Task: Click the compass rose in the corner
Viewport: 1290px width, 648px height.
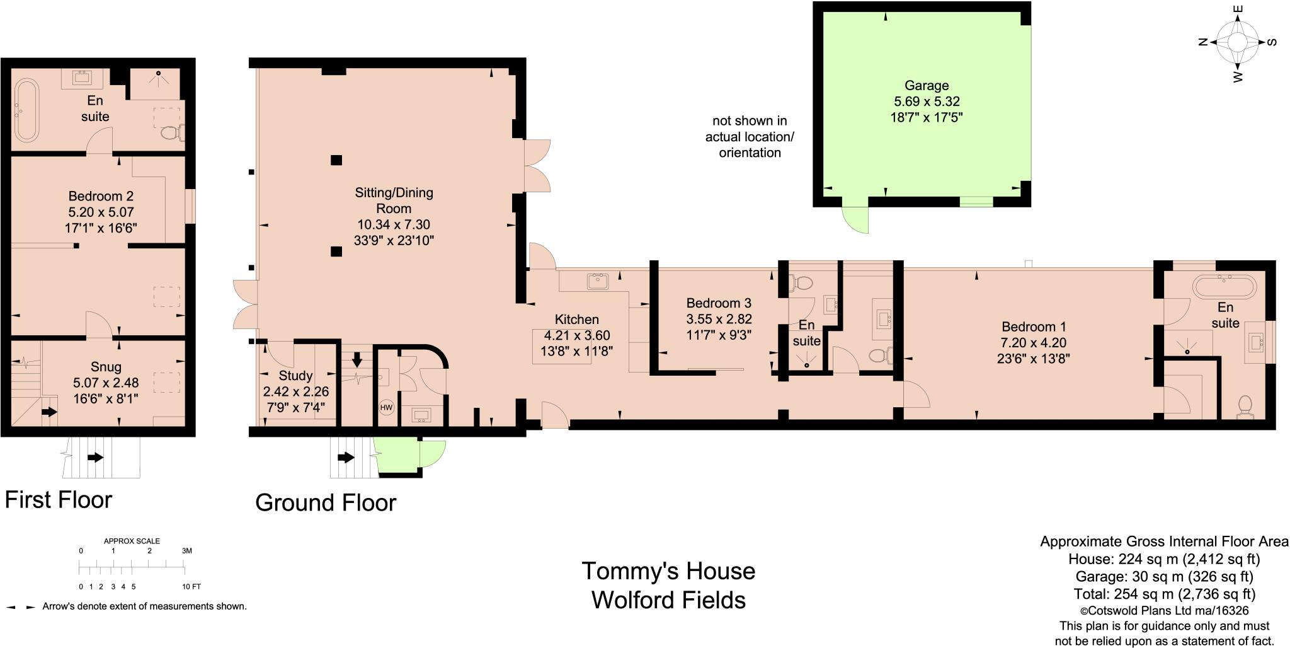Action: tap(1237, 43)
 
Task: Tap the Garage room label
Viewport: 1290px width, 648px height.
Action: tap(927, 86)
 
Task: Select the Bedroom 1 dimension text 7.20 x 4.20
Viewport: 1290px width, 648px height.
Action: tap(1034, 343)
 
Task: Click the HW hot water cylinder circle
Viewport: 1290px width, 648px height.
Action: tap(386, 408)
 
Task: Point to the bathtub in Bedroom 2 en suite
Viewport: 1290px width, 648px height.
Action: tap(27, 110)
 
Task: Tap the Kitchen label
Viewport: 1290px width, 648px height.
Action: tap(576, 320)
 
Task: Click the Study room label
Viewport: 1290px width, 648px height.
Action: tap(295, 376)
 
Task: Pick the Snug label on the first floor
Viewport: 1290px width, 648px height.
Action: tap(106, 367)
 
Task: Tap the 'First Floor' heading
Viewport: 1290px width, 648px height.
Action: tap(59, 500)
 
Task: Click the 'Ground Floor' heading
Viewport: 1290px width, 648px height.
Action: tap(326, 503)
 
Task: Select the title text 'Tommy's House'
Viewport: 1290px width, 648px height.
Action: tap(668, 571)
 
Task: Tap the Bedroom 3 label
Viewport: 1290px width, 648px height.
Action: tap(719, 303)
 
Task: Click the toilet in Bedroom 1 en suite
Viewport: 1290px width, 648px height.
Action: tap(1245, 405)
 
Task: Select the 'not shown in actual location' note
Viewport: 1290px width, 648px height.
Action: tap(750, 137)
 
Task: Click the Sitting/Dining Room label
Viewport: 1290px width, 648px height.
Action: tap(394, 200)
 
